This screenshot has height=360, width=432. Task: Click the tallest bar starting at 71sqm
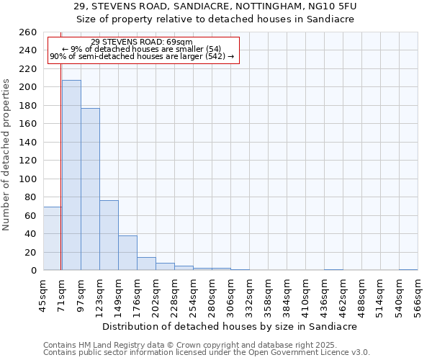coord(71,175)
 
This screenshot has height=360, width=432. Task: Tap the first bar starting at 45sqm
coord(52,238)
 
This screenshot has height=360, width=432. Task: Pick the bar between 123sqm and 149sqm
coord(109,235)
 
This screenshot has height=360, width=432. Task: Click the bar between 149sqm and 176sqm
coord(127,253)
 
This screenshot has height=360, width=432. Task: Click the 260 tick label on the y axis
coord(28,32)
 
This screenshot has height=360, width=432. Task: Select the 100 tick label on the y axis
coord(28,179)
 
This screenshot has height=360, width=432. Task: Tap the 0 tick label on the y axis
coord(34,271)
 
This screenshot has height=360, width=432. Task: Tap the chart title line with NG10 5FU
coord(215,6)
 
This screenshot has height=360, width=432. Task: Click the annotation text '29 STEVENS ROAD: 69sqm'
coord(142,42)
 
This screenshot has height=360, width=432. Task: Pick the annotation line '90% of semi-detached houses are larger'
coord(142,56)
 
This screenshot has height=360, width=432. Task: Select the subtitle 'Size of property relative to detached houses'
coord(215,19)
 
